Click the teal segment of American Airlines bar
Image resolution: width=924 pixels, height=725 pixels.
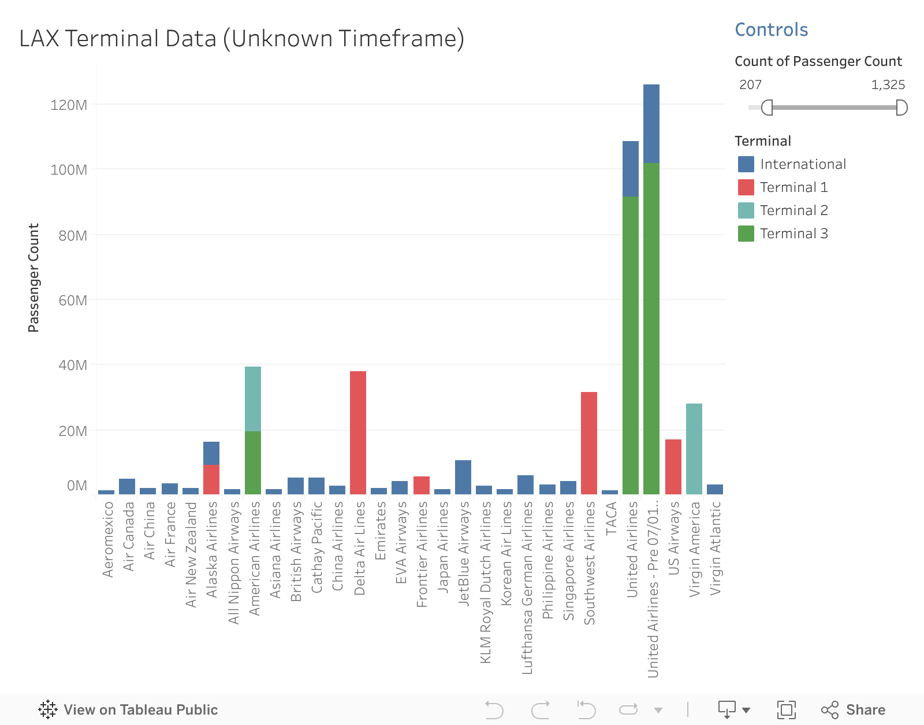click(x=253, y=399)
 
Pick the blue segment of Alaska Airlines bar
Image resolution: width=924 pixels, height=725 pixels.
click(x=211, y=453)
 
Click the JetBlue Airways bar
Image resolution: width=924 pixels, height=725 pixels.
click(x=463, y=477)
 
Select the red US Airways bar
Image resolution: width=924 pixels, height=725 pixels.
click(x=673, y=467)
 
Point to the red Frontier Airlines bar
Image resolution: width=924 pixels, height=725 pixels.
click(x=422, y=485)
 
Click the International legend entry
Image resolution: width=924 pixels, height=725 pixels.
click(x=803, y=164)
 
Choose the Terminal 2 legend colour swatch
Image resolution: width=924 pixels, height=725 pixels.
click(x=746, y=210)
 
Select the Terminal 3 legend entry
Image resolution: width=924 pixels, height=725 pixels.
click(x=794, y=234)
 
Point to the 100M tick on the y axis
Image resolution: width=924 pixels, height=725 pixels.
click(x=73, y=170)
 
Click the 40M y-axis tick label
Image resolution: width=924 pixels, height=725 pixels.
click(x=73, y=365)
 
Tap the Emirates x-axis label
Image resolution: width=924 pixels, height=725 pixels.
click(x=380, y=531)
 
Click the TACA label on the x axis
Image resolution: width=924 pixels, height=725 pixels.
click(x=611, y=519)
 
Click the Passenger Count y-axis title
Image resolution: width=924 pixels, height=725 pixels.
click(x=33, y=278)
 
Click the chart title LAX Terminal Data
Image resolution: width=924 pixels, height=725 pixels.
click(x=241, y=39)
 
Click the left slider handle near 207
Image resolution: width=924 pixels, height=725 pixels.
click(x=766, y=108)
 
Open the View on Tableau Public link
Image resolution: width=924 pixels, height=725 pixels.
click(x=128, y=709)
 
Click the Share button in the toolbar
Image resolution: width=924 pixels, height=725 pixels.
click(x=854, y=709)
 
